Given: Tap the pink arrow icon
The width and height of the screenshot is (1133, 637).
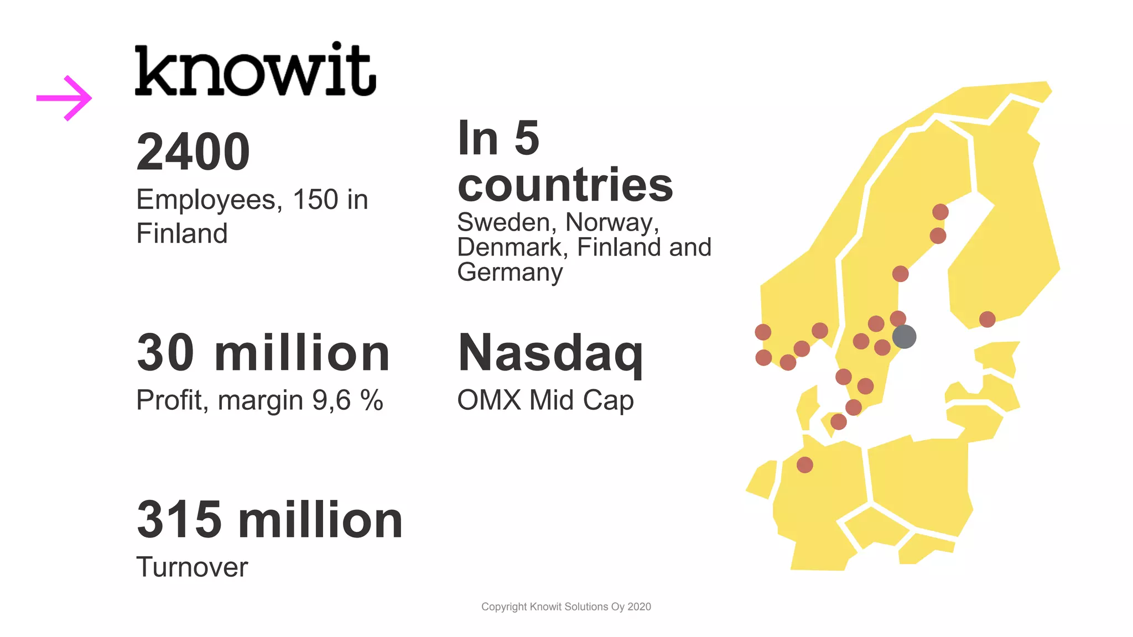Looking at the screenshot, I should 64,98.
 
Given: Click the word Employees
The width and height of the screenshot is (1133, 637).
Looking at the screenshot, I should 206,200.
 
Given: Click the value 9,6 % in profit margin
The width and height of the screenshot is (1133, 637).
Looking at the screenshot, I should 347,400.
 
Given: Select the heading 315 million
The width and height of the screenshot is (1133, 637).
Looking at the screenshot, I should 269,519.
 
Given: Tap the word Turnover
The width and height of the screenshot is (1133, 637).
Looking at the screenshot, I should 192,567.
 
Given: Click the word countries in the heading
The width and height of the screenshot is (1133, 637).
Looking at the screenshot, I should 565,185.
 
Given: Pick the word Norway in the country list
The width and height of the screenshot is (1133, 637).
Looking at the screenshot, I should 611,223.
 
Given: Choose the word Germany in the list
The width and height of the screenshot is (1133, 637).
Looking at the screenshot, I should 510,272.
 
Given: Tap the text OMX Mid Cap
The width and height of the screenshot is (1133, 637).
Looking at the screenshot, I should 545,400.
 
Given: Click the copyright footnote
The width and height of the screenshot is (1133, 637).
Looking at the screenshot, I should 566,607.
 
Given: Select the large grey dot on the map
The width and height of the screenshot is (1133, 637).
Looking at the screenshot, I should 904,336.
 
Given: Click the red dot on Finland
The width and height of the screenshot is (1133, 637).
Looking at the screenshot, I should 987,319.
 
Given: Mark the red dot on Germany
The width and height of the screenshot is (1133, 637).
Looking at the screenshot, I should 804,464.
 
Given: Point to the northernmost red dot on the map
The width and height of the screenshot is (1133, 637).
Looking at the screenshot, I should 940,212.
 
